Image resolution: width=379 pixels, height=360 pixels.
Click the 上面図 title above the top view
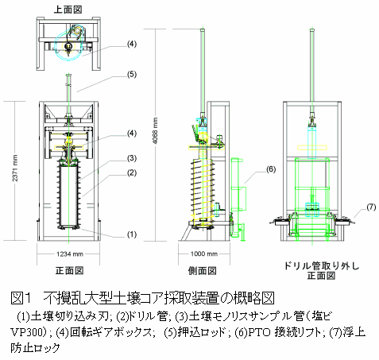click(68, 10)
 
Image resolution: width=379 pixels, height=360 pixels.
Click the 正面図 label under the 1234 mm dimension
click(69, 270)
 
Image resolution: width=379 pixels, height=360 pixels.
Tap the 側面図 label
click(203, 270)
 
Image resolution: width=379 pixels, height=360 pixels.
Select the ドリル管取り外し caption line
click(322, 265)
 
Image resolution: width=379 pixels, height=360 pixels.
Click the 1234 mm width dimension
click(70, 254)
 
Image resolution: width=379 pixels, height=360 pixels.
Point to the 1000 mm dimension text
click(204, 254)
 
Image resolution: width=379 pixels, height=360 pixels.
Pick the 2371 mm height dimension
click(15, 168)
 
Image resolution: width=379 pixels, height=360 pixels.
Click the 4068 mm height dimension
click(155, 130)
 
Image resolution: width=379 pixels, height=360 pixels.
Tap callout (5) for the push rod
click(132, 75)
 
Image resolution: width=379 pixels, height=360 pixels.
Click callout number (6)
click(270, 169)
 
